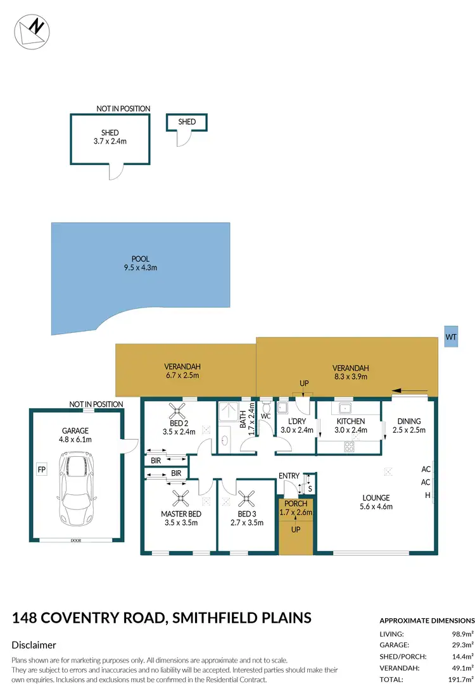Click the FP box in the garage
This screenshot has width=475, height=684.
coord(42,470)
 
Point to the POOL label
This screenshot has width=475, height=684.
coord(140,258)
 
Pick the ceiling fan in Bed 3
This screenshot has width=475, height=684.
coord(246,497)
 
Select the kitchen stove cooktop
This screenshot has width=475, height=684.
coord(349,447)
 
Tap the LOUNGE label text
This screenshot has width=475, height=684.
coord(376,497)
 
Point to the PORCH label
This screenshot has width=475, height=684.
coord(296,504)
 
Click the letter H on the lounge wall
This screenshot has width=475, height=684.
coord(427,495)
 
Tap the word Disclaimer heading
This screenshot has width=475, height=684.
coord(34,645)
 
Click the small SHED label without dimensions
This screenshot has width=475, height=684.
coord(187,121)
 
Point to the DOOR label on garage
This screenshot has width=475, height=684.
coord(76,540)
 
